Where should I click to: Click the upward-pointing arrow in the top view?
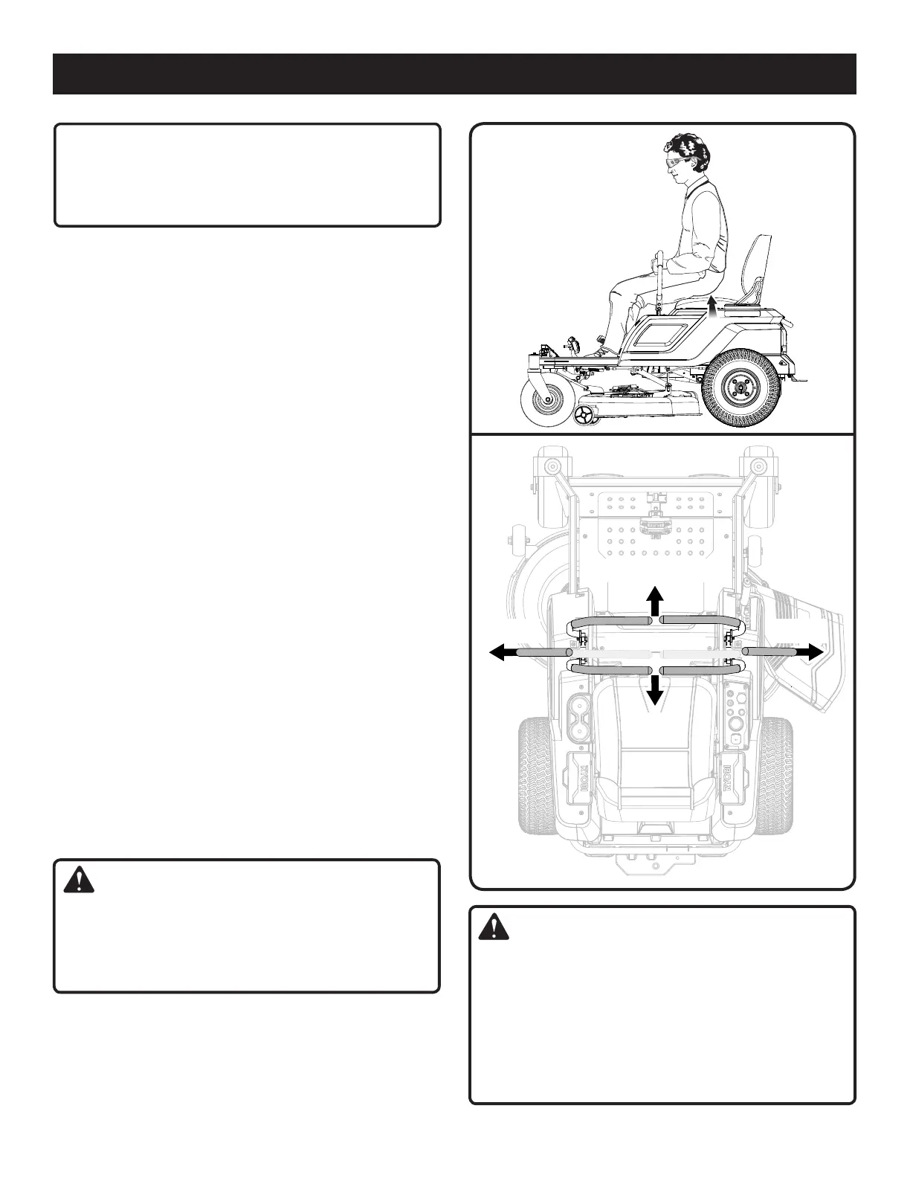coord(654,599)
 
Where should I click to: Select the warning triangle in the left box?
coord(78,881)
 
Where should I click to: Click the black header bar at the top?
coord(454,74)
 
